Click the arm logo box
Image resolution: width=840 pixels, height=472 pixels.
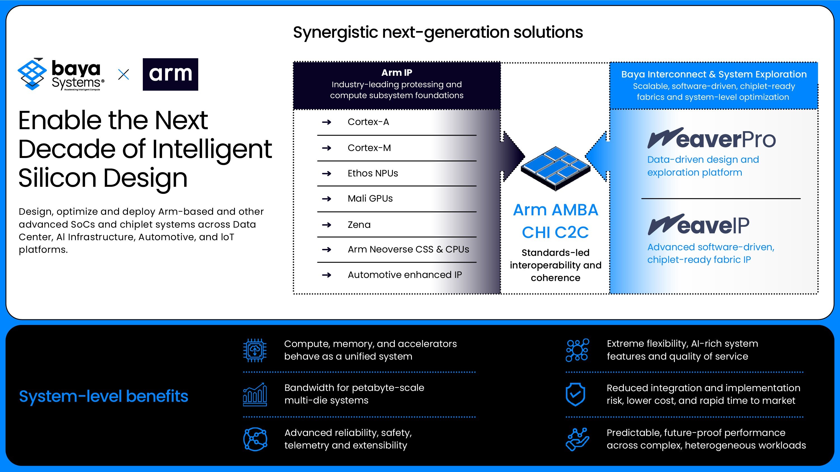(x=170, y=74)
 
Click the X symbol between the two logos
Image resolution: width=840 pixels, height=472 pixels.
(x=123, y=75)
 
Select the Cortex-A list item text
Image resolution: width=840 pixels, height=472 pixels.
(x=368, y=122)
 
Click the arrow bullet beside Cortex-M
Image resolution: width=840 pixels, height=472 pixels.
(x=326, y=148)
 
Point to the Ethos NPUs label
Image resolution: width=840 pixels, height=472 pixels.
(x=373, y=173)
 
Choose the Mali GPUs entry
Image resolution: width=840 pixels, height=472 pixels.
(x=370, y=198)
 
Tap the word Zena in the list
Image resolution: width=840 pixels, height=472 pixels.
(x=359, y=225)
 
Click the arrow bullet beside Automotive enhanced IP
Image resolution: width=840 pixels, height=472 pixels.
(x=326, y=275)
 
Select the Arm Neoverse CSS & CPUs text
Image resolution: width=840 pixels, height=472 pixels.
(x=408, y=249)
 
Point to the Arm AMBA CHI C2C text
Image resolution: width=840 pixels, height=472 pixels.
(x=555, y=221)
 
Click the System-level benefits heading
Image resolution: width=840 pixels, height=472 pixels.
(x=103, y=396)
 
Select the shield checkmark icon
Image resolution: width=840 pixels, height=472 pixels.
(x=575, y=394)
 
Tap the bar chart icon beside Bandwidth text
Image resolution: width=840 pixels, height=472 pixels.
(x=255, y=395)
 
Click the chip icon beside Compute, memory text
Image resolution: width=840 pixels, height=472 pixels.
(x=255, y=350)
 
